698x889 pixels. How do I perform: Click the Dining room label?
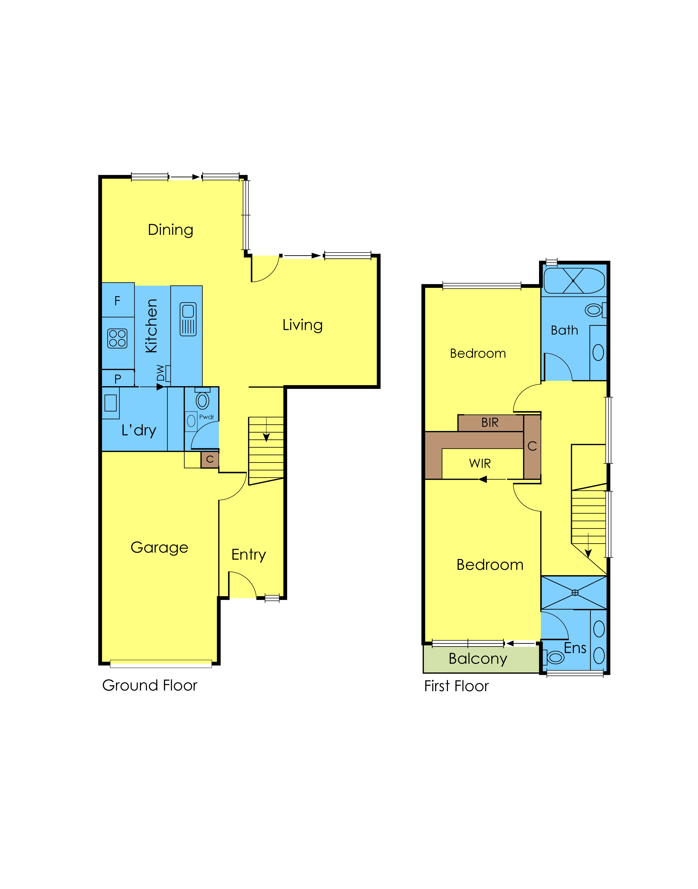[170, 230]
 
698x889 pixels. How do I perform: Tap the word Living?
[302, 325]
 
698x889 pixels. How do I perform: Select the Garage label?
[159, 548]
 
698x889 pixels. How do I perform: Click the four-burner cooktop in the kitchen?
[117, 339]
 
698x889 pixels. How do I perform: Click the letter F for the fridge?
[117, 301]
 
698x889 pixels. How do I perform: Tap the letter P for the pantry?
[118, 379]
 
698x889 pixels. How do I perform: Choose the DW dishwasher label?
[161, 373]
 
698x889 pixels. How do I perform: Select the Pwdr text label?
[206, 417]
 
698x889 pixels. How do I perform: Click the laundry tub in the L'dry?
[110, 403]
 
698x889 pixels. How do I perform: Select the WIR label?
[480, 463]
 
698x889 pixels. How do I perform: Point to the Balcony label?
[478, 659]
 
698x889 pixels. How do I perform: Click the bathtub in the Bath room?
[574, 281]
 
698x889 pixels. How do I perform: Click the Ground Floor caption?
[150, 686]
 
